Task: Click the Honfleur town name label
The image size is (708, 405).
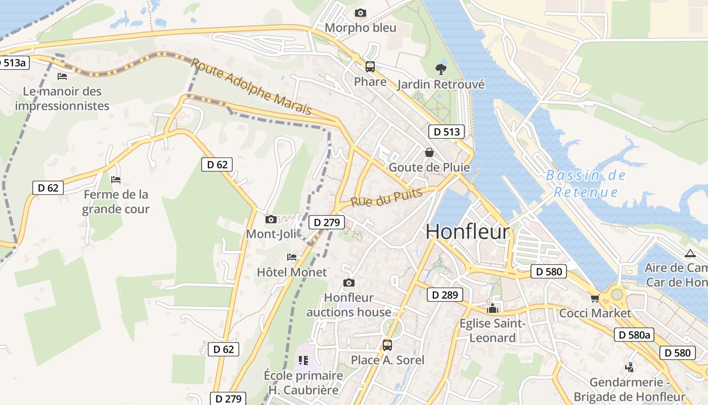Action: tap(467, 232)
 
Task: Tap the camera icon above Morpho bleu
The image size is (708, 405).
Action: tap(360, 13)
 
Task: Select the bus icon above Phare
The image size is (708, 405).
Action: tap(370, 67)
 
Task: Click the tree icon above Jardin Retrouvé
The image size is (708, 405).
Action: tap(440, 69)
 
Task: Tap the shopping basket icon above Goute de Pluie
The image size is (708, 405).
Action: tap(429, 152)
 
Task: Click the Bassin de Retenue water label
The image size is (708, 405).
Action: tap(586, 184)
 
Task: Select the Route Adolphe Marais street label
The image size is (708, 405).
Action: tap(251, 86)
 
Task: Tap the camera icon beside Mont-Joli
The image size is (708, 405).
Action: tap(271, 219)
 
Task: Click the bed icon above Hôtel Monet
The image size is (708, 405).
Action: tap(292, 257)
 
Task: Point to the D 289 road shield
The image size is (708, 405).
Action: tap(445, 295)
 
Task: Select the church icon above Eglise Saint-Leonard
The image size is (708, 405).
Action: tap(492, 308)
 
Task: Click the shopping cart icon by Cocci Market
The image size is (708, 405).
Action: tap(595, 299)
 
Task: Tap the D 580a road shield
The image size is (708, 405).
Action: tap(634, 335)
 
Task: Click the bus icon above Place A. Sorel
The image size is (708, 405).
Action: tap(387, 345)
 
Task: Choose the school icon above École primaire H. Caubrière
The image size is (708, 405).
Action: tap(303, 360)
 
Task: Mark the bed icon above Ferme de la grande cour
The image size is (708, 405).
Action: tap(116, 179)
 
